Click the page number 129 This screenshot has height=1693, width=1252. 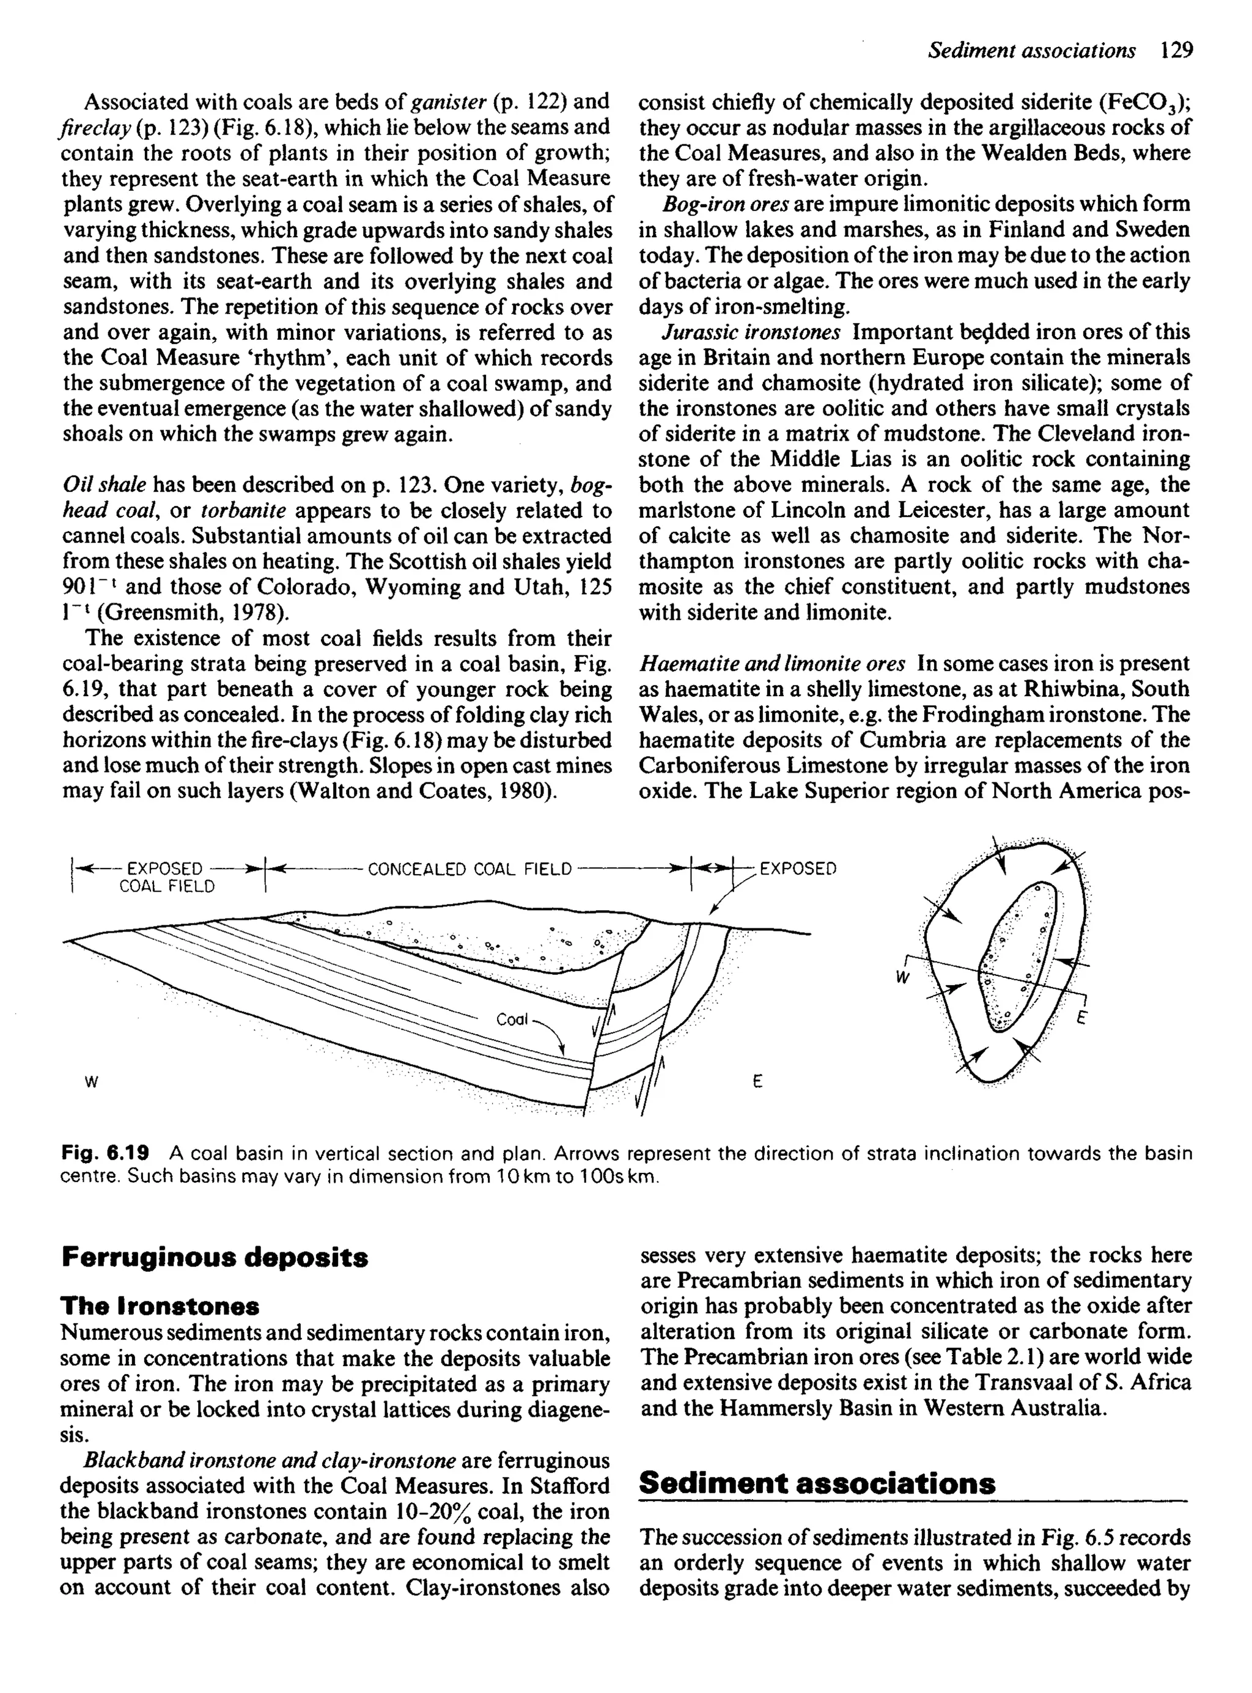tap(1176, 51)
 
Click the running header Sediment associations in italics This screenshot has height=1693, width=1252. tap(1031, 51)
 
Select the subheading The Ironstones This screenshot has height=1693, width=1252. tap(160, 1306)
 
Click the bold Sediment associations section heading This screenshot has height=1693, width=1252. tap(817, 1483)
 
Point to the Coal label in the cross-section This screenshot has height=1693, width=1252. tap(512, 1019)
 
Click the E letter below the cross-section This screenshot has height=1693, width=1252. tap(756, 1083)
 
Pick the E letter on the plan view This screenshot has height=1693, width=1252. tap(1081, 1019)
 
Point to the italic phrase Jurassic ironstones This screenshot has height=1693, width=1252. tap(751, 332)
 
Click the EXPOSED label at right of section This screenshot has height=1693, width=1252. tap(797, 869)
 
